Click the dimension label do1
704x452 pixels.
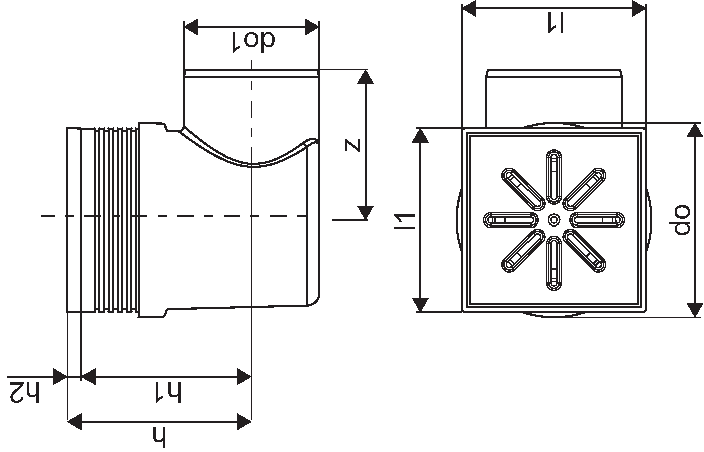(253, 41)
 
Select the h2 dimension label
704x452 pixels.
(24, 392)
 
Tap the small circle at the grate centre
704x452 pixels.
(554, 219)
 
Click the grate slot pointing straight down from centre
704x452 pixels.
(554, 263)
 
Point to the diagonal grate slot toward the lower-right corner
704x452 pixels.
(584, 250)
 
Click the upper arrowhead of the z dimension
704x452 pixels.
(366, 77)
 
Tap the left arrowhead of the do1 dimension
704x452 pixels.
(191, 28)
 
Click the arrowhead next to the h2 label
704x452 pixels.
(60, 376)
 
